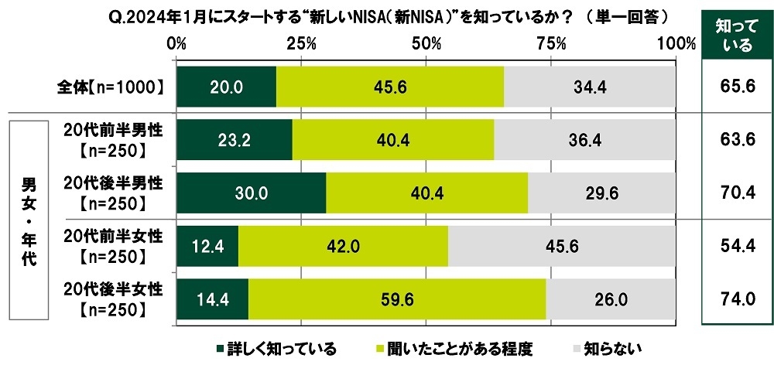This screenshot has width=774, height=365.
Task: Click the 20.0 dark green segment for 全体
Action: pyautogui.click(x=226, y=87)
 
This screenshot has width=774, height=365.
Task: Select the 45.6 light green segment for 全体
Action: pyautogui.click(x=390, y=87)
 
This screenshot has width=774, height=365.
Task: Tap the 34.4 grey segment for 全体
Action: pyautogui.click(x=589, y=87)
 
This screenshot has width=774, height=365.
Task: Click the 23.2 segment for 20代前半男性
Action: pyautogui.click(x=235, y=139)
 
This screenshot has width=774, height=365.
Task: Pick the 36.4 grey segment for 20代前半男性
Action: pyautogui.click(x=584, y=139)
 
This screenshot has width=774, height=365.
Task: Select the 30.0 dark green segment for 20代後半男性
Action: pyautogui.click(x=252, y=193)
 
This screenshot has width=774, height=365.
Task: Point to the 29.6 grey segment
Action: pyautogui.click(x=601, y=193)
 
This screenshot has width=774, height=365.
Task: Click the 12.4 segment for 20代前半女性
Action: pyautogui.click(x=207, y=246)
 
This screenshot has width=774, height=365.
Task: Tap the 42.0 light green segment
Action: pyautogui.click(x=343, y=246)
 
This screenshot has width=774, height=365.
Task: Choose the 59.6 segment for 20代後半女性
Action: pyautogui.click(x=397, y=299)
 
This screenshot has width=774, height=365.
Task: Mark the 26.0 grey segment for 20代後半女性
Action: pyautogui.click(x=611, y=299)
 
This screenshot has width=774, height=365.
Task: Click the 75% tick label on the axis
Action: pyautogui.click(x=551, y=44)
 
